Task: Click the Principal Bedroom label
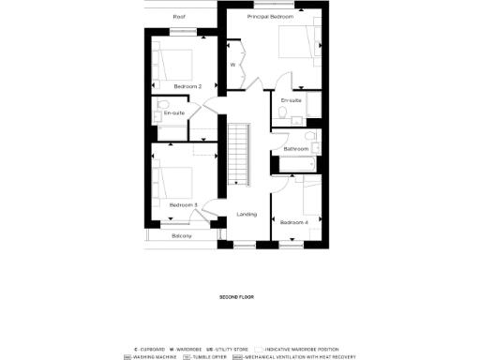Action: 270,17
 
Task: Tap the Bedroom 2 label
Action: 187,86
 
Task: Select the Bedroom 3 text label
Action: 183,204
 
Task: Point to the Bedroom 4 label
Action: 293,222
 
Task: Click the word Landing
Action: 247,214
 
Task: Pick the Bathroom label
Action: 296,149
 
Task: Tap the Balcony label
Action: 182,235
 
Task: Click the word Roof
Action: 179,17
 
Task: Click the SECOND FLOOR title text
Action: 236,297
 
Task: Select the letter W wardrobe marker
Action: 233,65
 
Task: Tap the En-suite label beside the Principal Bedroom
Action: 291,99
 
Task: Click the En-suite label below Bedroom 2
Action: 174,113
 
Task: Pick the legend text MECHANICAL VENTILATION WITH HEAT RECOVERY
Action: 300,356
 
